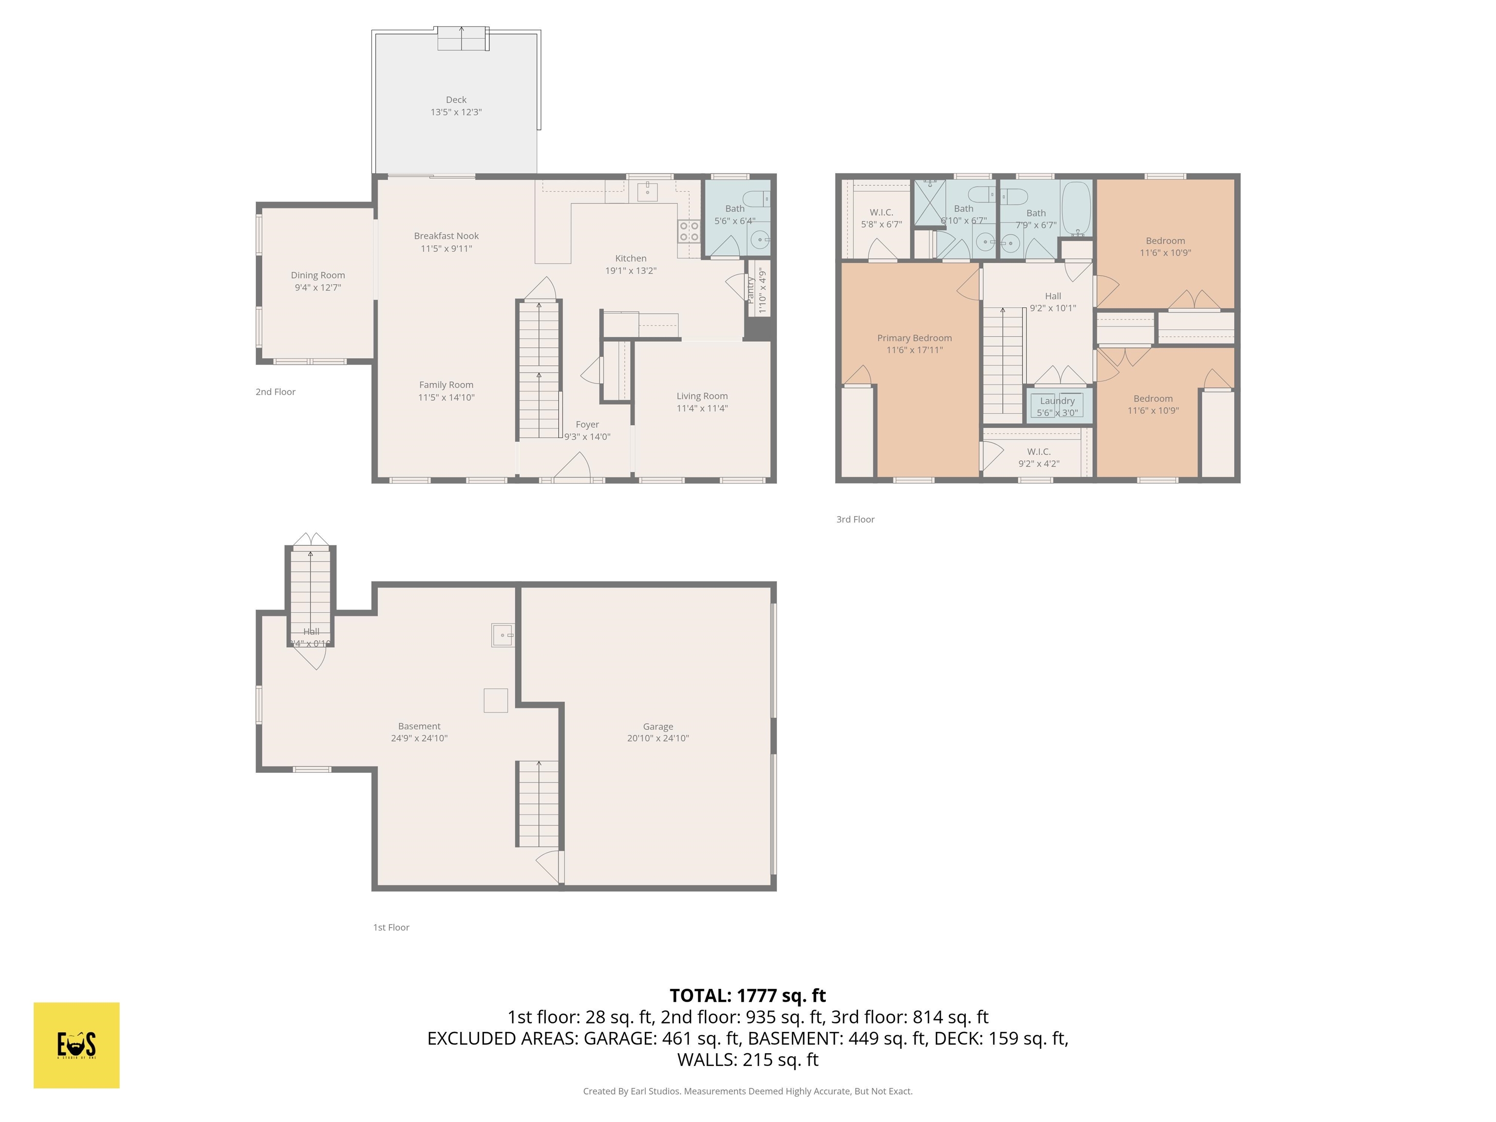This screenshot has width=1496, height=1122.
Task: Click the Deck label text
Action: (456, 99)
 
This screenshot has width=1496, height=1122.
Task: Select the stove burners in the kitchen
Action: (689, 231)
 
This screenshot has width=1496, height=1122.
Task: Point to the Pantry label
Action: (750, 289)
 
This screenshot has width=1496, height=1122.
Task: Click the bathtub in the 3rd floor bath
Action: (1076, 207)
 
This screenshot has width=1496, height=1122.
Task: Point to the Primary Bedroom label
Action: (915, 337)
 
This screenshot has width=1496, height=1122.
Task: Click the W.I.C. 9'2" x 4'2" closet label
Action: (1039, 457)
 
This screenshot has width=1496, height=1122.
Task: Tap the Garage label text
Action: (657, 727)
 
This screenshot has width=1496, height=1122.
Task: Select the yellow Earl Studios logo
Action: (76, 1045)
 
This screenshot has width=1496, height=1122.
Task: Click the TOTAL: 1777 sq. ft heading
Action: (748, 995)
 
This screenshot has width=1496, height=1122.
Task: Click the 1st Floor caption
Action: (391, 927)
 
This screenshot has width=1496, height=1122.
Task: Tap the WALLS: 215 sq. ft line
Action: (748, 1060)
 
